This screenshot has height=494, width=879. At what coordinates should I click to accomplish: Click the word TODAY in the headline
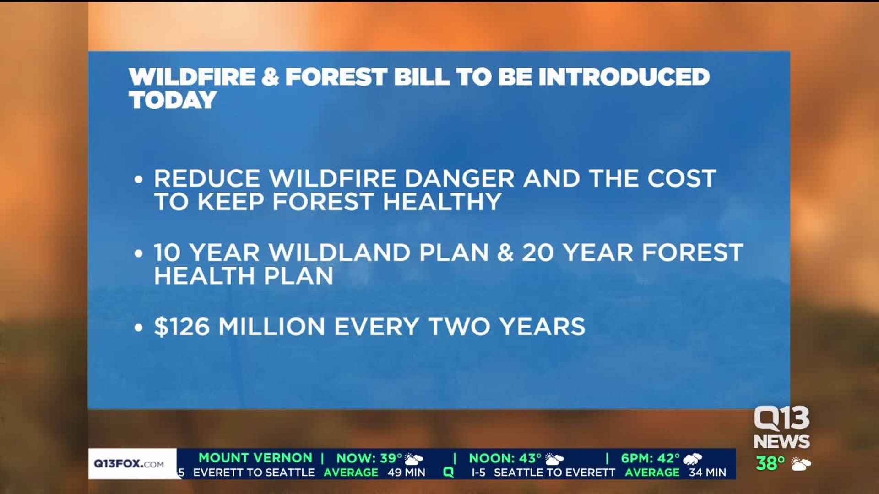click(173, 100)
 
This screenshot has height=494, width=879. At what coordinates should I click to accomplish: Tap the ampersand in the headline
click(271, 76)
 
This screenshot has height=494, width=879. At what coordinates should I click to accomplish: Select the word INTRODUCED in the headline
click(624, 76)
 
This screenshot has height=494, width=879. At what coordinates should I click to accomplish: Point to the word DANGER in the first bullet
click(460, 178)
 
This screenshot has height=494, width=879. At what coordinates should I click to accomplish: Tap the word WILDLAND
click(340, 252)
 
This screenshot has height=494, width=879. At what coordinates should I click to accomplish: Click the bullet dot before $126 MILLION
click(139, 328)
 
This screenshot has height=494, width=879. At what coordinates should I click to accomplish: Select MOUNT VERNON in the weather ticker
click(255, 457)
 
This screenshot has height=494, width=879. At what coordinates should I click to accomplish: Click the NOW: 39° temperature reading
click(369, 458)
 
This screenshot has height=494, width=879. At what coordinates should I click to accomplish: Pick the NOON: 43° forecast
click(505, 458)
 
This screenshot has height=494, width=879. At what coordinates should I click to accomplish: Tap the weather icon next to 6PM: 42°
click(692, 459)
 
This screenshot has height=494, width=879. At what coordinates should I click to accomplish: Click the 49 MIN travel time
click(407, 473)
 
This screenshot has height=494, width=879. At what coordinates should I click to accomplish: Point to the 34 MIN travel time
click(707, 473)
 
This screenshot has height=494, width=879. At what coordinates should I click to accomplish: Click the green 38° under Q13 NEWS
click(770, 464)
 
